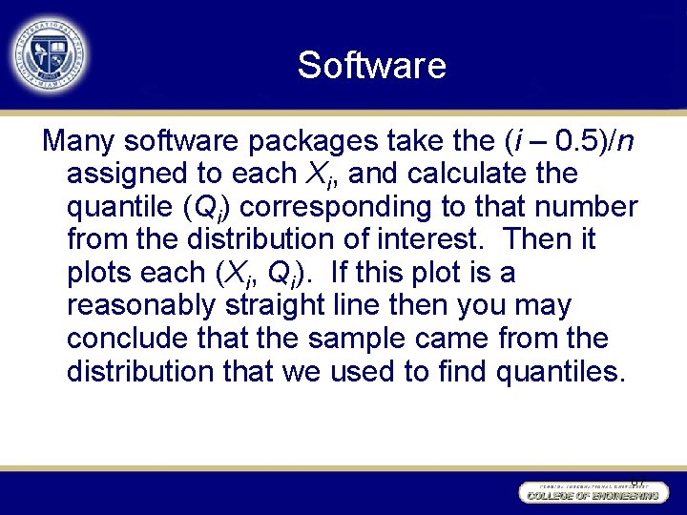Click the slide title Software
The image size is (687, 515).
[x=371, y=66]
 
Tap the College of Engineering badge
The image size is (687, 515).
[x=590, y=493]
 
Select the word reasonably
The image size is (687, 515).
[x=142, y=305]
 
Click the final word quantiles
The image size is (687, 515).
[x=561, y=371]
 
